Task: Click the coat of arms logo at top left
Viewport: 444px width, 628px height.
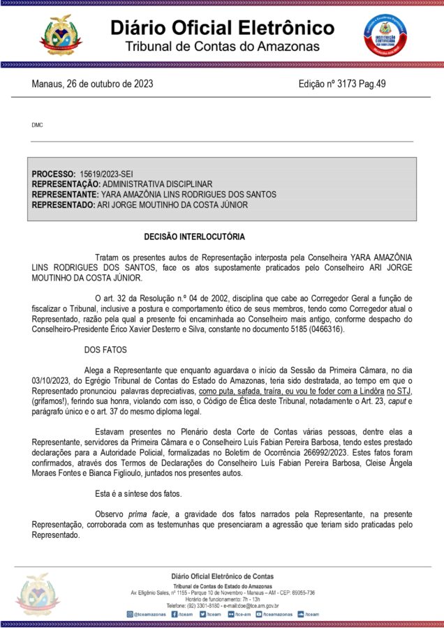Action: (x=61, y=34)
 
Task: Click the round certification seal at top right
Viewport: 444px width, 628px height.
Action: (x=383, y=34)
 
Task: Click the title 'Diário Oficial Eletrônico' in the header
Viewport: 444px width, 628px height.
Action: (x=222, y=28)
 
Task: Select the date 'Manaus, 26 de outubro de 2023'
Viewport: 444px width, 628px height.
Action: (x=93, y=84)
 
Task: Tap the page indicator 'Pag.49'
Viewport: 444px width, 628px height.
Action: (x=372, y=84)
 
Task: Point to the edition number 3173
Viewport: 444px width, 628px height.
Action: (x=342, y=84)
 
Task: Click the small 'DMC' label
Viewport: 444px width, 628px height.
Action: (x=37, y=125)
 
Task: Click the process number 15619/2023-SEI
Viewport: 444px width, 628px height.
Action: (x=106, y=172)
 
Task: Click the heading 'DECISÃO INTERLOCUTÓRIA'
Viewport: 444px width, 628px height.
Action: (x=194, y=237)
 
